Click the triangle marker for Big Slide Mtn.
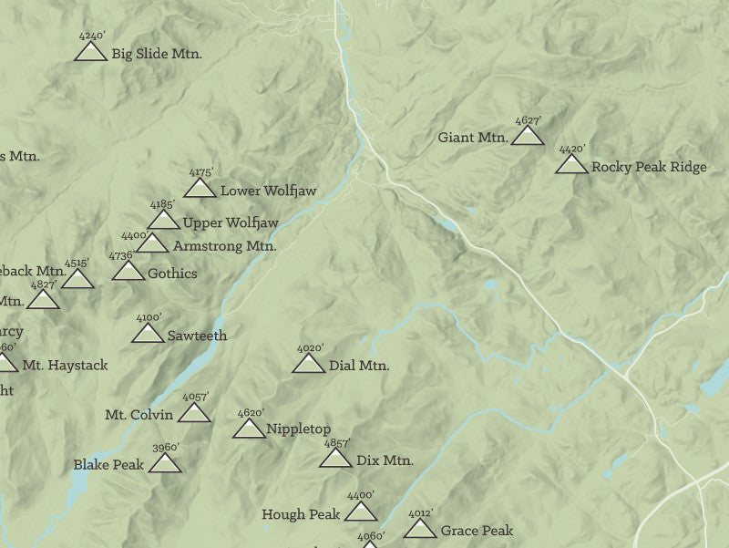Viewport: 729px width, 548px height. (90, 53)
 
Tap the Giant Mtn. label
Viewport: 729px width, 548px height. (472, 138)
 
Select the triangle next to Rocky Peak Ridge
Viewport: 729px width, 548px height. (571, 165)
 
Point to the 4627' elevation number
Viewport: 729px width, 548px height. (528, 120)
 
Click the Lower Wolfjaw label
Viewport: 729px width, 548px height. (268, 191)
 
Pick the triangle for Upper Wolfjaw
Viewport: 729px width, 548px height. (163, 221)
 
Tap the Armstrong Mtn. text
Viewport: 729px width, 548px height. (224, 246)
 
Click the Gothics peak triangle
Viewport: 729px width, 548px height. (128, 272)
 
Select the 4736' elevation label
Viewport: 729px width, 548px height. (121, 256)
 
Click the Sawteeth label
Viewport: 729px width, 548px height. (197, 336)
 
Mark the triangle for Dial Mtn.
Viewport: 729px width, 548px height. (308, 365)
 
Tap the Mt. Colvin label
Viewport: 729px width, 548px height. (139, 415)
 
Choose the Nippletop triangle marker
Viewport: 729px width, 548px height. (250, 429)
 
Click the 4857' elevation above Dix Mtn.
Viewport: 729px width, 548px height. (337, 444)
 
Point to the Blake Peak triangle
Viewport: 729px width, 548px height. (165, 465)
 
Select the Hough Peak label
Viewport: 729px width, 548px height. (301, 514)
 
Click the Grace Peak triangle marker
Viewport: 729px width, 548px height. (420, 530)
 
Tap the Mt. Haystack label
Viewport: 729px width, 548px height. (65, 365)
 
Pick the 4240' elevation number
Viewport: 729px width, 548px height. (91, 36)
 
